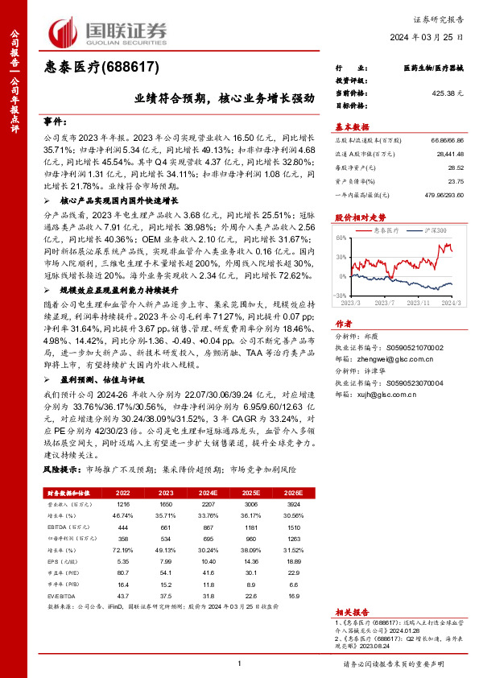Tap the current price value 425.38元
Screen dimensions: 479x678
pos(448,93)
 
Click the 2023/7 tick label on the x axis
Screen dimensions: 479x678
pos(382,303)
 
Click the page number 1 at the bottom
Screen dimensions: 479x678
pos(240,663)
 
